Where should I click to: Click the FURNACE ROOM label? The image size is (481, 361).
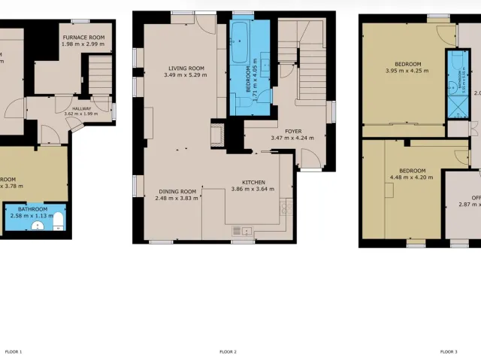(83, 37)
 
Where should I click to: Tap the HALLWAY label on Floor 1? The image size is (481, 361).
(82, 108)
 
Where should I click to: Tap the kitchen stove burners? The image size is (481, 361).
(286, 208)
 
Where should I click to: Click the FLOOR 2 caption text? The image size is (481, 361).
(228, 351)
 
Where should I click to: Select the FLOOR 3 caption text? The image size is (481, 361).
(448, 351)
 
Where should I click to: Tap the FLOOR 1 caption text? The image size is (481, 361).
(14, 351)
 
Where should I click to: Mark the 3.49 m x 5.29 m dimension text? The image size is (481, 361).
(184, 75)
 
